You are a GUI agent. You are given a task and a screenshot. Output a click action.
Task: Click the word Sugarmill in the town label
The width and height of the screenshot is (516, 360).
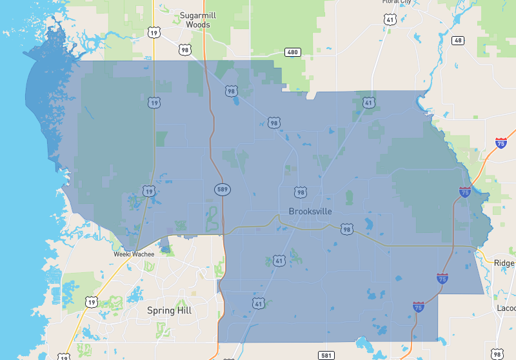pos(197,15)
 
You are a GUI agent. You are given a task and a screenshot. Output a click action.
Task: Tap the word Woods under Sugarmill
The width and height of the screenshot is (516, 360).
pos(197,25)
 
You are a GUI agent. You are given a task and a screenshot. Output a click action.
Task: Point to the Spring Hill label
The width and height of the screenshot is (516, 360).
pos(170,310)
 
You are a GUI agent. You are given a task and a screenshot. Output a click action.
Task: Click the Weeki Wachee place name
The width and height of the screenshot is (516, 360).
pos(134,254)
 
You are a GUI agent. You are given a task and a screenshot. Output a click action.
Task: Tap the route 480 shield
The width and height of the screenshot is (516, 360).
pos(293,52)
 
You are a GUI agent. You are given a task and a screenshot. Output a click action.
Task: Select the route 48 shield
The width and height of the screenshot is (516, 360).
pos(458,40)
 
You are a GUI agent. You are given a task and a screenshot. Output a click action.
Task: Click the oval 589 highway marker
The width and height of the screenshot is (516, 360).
pos(223,189)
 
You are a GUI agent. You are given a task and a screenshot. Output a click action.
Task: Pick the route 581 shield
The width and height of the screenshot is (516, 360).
pos(326,355)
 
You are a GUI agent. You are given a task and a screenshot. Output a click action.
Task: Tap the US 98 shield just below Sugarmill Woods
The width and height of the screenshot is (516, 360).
pos(185,50)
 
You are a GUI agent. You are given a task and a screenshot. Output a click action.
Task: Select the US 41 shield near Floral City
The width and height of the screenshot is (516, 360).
pos(390,20)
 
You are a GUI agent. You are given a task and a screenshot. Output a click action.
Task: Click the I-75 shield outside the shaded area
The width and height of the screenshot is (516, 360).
pos(501,143)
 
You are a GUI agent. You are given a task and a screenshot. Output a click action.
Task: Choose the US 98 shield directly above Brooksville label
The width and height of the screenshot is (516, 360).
pos(300,192)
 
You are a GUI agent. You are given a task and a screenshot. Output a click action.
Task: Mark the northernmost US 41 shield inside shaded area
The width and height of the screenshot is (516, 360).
pos(368,103)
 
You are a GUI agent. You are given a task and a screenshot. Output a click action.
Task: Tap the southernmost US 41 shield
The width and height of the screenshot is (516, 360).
pos(258,303)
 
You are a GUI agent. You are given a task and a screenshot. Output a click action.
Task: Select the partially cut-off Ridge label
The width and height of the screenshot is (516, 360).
pos(504,263)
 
